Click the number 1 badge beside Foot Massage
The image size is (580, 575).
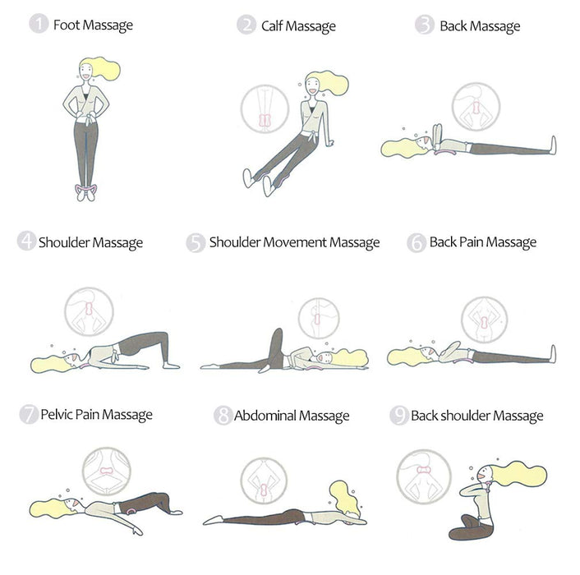(x=39, y=23)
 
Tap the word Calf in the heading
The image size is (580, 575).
(x=271, y=26)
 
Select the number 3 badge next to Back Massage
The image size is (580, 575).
(x=424, y=25)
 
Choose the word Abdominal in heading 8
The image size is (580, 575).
(x=265, y=416)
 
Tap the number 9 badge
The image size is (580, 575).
(x=399, y=416)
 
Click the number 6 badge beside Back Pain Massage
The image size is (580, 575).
(x=417, y=242)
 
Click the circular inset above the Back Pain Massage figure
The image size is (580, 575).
(x=484, y=320)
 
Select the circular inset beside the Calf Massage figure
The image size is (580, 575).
(x=265, y=108)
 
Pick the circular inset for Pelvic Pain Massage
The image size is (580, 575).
(x=107, y=471)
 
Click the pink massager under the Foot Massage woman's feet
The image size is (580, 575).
(x=86, y=189)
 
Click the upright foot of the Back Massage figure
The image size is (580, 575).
(x=554, y=145)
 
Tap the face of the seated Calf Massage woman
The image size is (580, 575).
(x=311, y=88)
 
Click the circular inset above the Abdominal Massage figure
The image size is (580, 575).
(x=264, y=481)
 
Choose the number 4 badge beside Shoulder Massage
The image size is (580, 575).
(x=26, y=241)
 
